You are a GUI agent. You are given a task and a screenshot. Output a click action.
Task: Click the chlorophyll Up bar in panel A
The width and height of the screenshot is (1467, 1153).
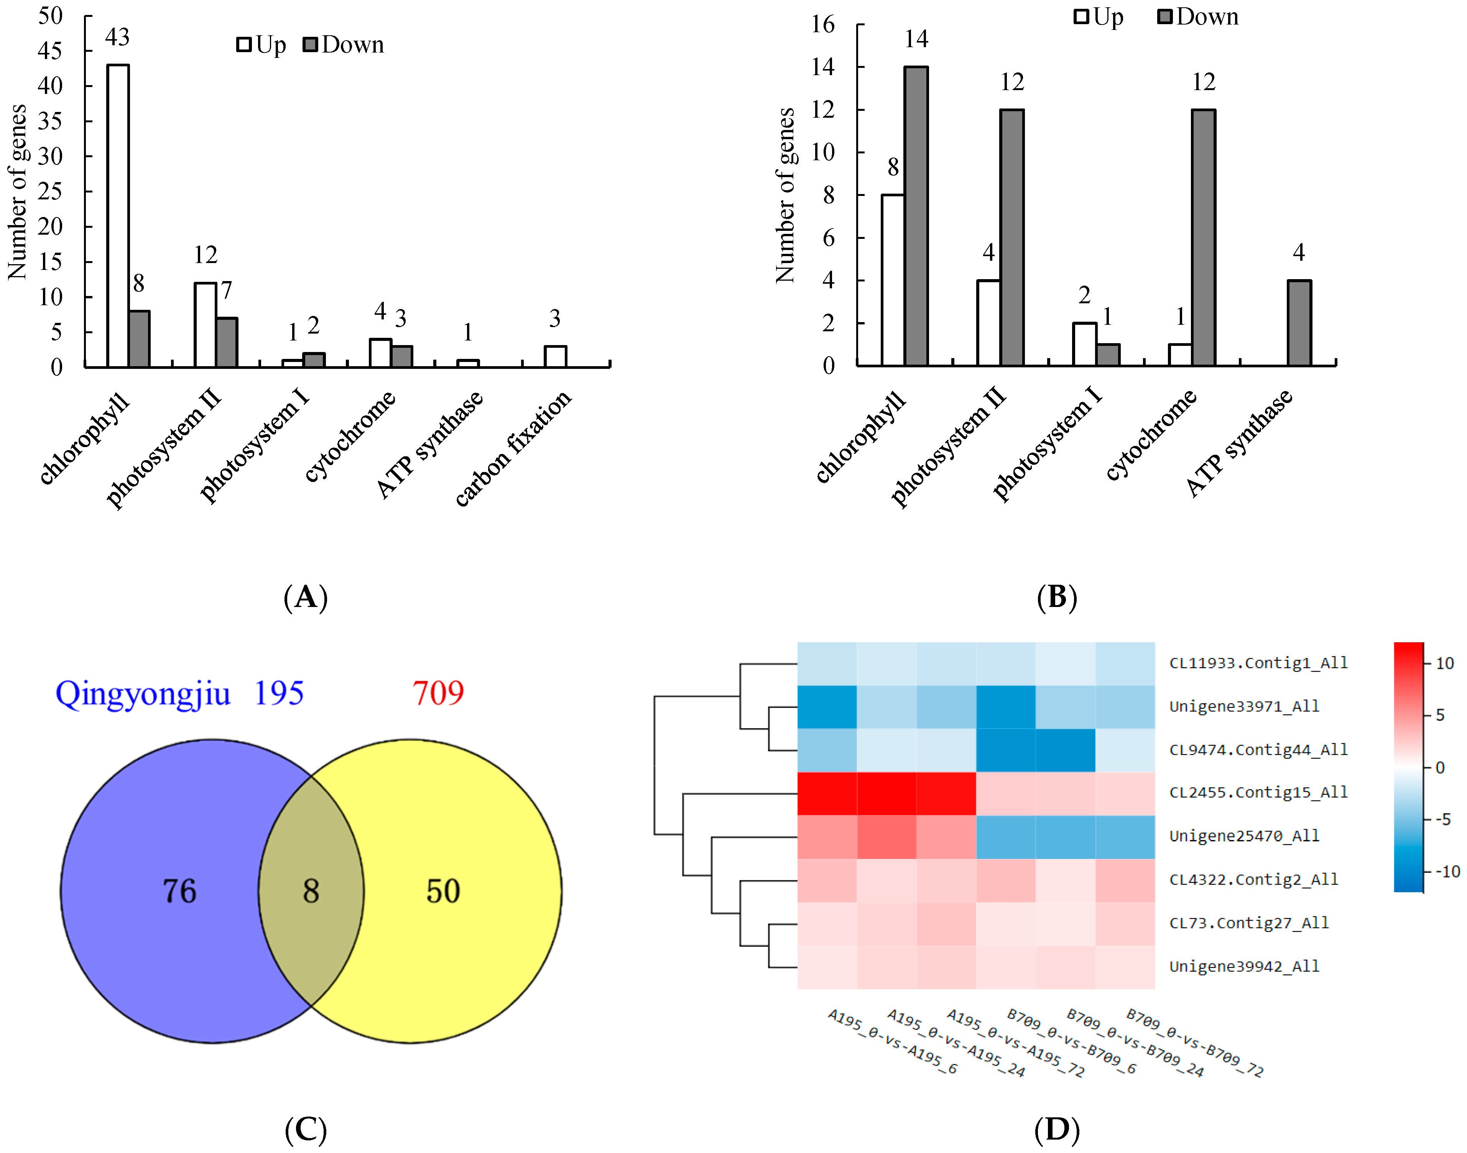tap(118, 216)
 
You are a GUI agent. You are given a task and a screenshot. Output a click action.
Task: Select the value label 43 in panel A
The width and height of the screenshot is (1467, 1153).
tap(117, 37)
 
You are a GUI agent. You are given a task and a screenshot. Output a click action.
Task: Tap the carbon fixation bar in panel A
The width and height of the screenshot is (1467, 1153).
tap(555, 357)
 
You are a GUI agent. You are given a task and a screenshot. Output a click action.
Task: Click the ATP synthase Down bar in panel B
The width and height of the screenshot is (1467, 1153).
tap(1299, 323)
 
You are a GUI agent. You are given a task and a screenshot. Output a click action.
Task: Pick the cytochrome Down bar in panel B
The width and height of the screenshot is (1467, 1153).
tap(1203, 238)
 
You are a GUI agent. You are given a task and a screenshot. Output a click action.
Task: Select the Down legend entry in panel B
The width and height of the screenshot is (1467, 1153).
tap(1198, 17)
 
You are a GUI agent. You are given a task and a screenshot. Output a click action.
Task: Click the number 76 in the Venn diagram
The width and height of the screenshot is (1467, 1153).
tap(179, 891)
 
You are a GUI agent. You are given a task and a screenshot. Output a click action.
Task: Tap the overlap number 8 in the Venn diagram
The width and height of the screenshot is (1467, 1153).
tap(311, 891)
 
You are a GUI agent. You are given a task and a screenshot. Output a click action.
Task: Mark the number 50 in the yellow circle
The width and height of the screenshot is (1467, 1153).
tap(443, 891)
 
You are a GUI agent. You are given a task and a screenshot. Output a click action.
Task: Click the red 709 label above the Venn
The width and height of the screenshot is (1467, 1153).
tap(438, 693)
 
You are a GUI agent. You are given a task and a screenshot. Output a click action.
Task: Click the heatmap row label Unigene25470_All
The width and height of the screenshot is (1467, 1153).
tap(1243, 836)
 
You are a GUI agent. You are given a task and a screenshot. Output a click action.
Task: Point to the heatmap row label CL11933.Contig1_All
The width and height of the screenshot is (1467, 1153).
tap(1258, 663)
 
